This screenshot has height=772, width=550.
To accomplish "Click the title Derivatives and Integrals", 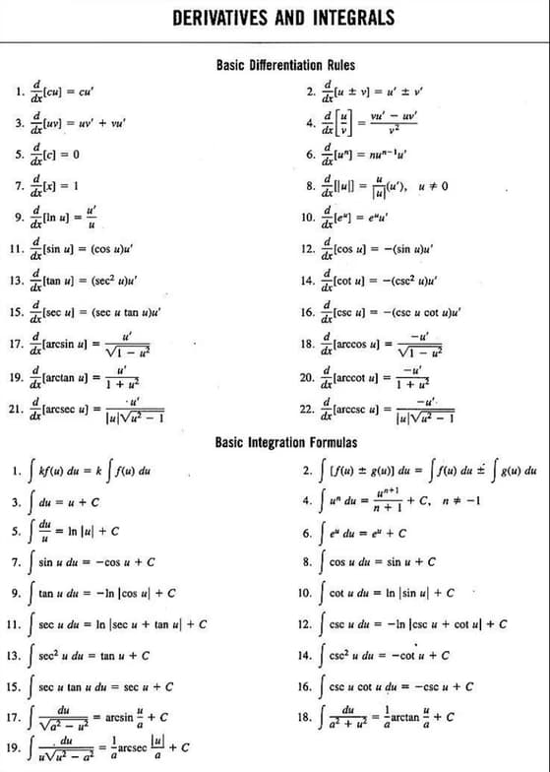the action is click(282, 19).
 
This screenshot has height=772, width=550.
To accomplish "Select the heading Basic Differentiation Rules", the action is click(283, 65).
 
